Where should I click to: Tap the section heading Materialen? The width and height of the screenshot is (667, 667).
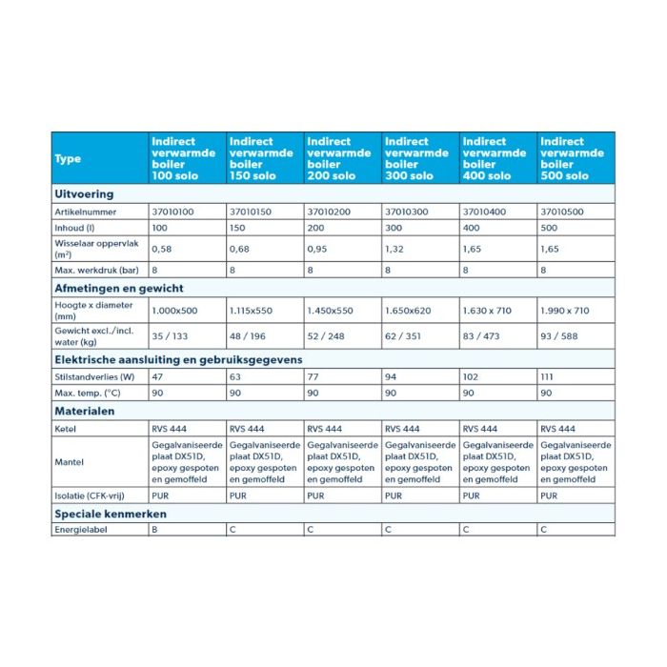84,411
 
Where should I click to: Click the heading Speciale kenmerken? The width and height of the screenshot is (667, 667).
110,514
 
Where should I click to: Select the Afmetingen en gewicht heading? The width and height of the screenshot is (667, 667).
118,288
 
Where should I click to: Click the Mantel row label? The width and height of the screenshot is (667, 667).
68,462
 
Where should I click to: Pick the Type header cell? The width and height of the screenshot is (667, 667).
69,158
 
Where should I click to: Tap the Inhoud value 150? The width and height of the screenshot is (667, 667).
238,228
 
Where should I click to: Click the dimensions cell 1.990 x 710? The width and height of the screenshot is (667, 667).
567,310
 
